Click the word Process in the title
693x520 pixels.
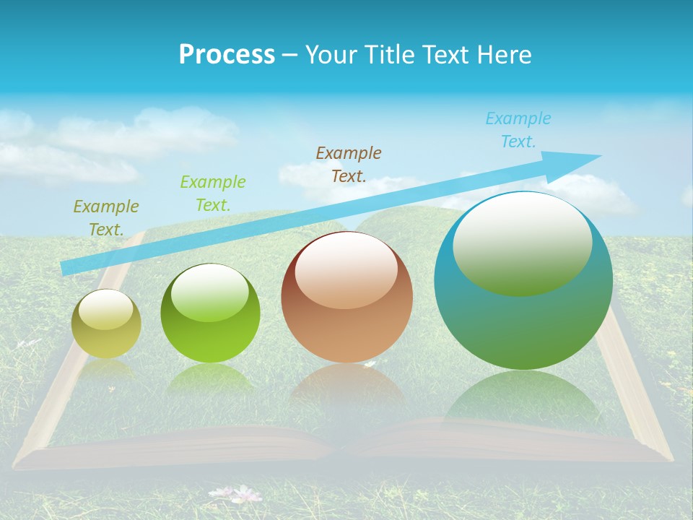(227, 54)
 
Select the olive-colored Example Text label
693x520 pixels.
(106, 217)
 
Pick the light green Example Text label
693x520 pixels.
(213, 193)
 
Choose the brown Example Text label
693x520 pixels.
(349, 164)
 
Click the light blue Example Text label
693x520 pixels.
(518, 129)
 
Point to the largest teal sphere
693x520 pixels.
(523, 318)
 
